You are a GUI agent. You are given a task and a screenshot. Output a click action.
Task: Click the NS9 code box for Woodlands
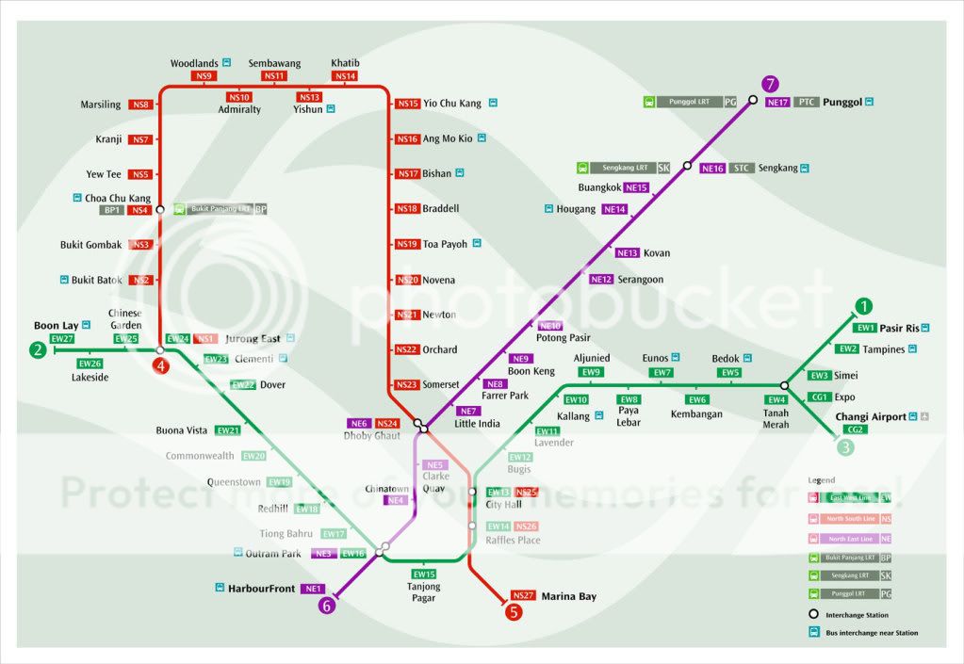pos(204,75)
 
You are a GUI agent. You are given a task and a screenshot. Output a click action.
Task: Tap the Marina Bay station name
pos(568,596)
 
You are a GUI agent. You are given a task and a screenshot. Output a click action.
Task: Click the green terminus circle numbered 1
pos(864,306)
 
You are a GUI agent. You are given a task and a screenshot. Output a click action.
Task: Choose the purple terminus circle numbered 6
pos(327,606)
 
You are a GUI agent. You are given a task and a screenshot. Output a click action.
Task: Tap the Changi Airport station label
pos(871,416)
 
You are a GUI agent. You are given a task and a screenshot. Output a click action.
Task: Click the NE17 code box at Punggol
pos(777,102)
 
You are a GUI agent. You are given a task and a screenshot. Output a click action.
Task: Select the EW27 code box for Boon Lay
pos(63,338)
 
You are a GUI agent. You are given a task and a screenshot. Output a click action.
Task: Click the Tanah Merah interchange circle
pos(784,385)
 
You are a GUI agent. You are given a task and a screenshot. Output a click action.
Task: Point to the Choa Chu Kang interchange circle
pos(160,210)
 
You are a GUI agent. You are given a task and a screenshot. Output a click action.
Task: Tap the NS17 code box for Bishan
pos(407,173)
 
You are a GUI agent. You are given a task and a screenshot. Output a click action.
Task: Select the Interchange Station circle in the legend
pos(815,613)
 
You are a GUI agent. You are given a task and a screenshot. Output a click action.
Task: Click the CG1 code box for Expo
pos(820,397)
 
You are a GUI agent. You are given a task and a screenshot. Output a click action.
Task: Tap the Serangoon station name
pos(641,279)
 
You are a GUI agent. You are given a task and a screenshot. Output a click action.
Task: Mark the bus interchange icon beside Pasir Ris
pos(926,328)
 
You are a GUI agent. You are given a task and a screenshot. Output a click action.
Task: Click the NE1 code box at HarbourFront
pos(313,589)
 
